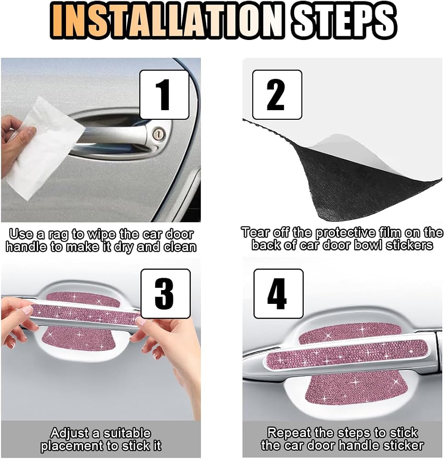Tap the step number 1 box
164,95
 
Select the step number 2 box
277,95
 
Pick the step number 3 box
166,294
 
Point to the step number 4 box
278,294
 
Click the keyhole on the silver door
159,134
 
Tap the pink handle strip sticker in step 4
348,354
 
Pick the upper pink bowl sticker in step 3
83,298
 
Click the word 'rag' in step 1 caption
58,235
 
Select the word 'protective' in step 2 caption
345,233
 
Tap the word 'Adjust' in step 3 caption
69,433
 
